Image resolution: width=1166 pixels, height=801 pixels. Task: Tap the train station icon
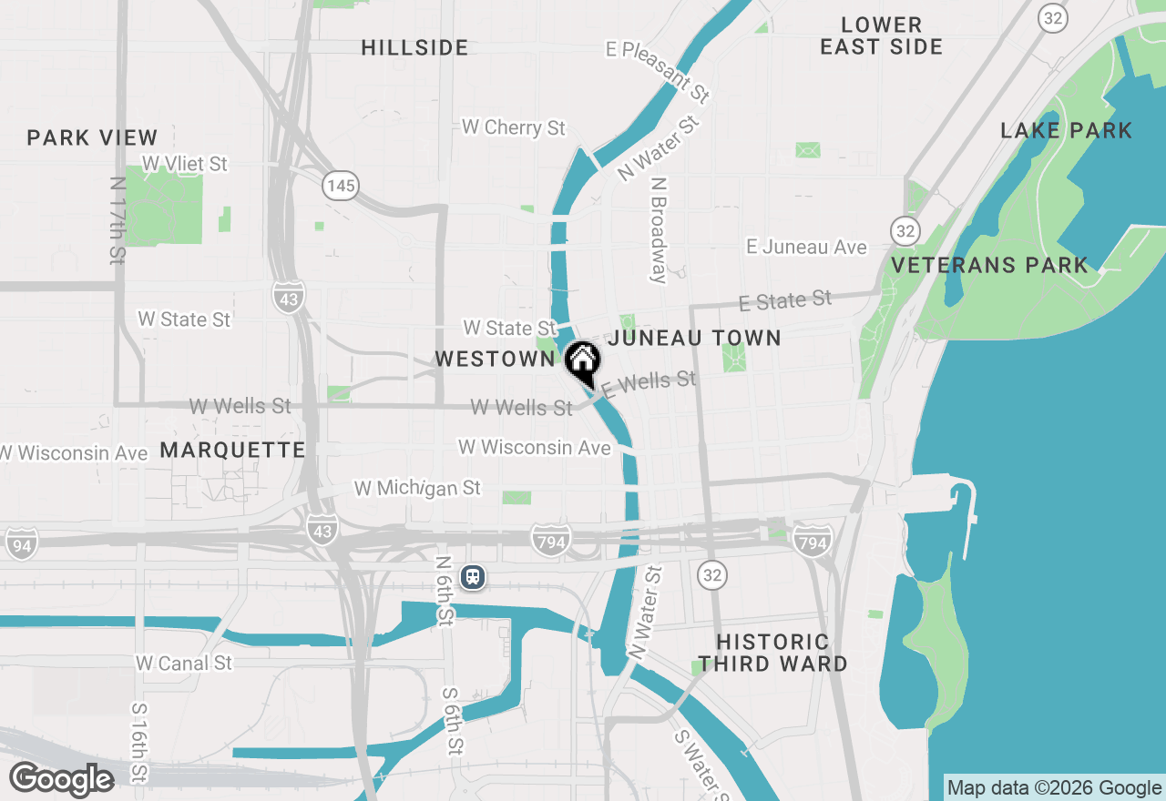(x=472, y=576)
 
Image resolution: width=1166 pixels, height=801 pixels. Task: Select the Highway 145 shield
(x=341, y=186)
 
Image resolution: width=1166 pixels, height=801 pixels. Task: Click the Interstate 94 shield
(x=21, y=543)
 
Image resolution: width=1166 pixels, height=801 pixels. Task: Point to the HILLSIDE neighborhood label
(x=414, y=47)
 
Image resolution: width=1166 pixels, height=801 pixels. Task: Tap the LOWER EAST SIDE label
(x=881, y=35)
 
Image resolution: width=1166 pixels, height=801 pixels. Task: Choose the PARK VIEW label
(x=92, y=137)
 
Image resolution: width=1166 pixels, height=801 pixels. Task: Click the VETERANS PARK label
(x=989, y=265)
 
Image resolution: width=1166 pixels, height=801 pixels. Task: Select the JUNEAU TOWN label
(x=694, y=338)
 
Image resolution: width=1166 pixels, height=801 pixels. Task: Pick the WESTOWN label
(x=495, y=359)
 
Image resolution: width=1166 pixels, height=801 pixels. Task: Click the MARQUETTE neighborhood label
(x=233, y=450)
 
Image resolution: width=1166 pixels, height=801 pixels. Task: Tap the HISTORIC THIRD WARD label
(x=772, y=653)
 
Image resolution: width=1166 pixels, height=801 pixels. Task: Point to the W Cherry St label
(x=514, y=127)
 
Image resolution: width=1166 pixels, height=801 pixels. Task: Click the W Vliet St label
(x=185, y=164)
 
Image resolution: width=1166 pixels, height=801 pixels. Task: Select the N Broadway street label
(x=659, y=229)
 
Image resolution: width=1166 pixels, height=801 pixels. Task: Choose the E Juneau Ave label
(x=806, y=247)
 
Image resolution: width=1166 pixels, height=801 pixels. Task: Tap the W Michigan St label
(x=417, y=488)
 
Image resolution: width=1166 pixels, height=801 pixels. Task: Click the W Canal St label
(x=184, y=663)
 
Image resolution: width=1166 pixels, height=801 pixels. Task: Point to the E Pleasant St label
(x=658, y=71)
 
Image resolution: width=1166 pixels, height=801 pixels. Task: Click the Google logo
(x=61, y=779)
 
